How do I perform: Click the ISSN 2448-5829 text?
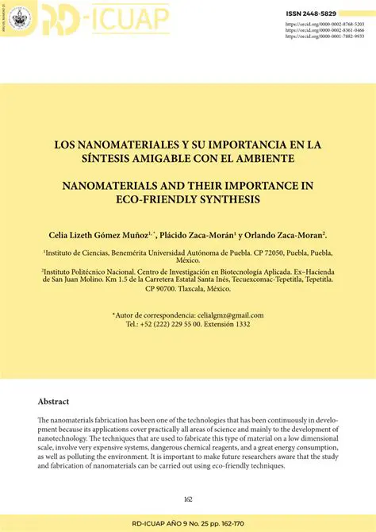(x=332, y=13)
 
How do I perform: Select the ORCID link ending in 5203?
(x=331, y=25)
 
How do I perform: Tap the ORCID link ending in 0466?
(x=331, y=31)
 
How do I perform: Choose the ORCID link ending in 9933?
(x=331, y=37)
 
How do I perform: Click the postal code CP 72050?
(x=261, y=253)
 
